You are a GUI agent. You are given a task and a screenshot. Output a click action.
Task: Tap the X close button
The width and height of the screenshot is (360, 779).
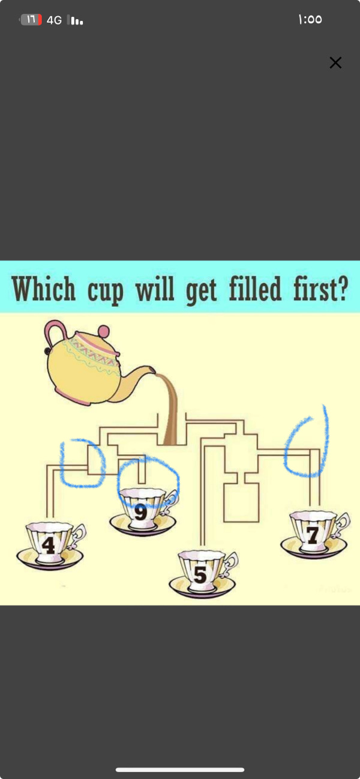[x=335, y=62]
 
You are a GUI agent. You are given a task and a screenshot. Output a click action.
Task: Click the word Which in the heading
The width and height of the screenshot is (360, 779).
[x=43, y=289]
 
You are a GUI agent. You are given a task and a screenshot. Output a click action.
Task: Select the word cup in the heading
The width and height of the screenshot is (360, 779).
[x=105, y=292]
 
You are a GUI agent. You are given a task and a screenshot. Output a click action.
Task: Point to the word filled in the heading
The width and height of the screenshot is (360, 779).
[x=255, y=288]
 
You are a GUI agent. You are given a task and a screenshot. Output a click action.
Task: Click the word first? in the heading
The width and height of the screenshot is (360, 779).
[x=320, y=288]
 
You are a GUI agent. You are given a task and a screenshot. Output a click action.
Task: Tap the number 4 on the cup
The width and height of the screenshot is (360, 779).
[x=48, y=545]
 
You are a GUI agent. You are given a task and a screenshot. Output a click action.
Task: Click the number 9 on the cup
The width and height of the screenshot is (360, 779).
[x=140, y=512]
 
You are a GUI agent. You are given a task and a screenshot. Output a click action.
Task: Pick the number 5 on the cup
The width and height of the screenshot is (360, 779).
[x=200, y=574]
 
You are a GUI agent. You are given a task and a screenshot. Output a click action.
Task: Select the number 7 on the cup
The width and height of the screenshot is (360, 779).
[x=312, y=535]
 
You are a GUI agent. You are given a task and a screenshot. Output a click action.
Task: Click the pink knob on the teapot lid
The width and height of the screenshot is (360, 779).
[x=104, y=331]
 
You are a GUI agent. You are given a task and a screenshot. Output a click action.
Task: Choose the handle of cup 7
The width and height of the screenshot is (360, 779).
[x=343, y=525]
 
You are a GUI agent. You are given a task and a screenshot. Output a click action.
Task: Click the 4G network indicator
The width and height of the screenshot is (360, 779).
[x=54, y=20]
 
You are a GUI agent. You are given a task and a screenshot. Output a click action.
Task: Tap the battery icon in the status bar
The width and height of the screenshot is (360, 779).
[x=31, y=20]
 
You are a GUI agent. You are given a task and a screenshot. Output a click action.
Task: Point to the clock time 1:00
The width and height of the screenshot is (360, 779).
[x=310, y=19]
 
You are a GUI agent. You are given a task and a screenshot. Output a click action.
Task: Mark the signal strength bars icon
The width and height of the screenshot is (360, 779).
[x=75, y=20]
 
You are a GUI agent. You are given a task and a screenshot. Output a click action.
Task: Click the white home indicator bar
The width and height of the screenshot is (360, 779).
[x=180, y=769]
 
